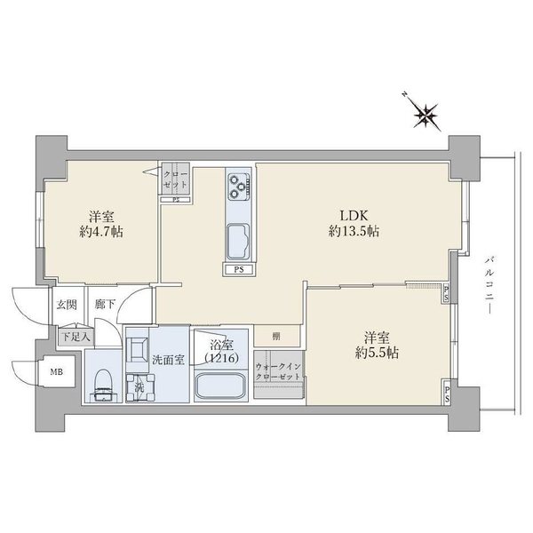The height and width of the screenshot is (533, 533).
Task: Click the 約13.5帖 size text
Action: coord(354,231)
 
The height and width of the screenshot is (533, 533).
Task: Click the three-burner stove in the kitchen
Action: coord(238,186)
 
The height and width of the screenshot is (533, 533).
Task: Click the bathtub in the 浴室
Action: coord(219,387)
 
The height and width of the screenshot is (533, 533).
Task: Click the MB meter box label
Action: coord(55,372)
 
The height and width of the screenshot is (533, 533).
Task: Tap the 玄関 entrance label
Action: coord(68,305)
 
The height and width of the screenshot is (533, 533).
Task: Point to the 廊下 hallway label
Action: coord(104,305)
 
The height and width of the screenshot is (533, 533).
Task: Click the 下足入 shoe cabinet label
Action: coord(73,337)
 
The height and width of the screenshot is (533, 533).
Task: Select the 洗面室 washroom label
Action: coord(166,360)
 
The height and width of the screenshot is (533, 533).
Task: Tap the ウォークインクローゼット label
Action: coord(278,370)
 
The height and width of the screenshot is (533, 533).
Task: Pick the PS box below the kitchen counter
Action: coord(238,270)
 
